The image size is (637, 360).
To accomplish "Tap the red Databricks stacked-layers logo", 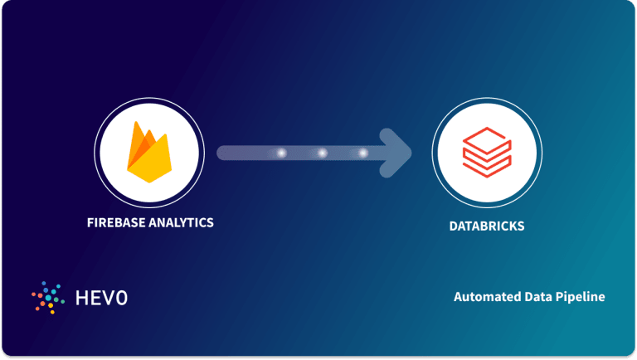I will [487, 155].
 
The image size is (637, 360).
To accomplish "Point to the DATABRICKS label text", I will [486, 225].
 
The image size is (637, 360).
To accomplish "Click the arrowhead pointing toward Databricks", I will [399, 153].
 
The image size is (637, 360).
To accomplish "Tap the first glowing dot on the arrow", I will [281, 153].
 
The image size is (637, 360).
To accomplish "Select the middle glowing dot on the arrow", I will [323, 153].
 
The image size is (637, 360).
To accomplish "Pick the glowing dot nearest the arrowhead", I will [363, 153].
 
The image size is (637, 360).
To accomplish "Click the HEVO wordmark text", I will [100, 297].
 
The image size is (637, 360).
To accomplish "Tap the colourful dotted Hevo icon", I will [48, 297].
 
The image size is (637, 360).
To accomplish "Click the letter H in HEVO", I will [79, 297].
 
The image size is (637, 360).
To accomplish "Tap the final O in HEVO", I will [121, 297].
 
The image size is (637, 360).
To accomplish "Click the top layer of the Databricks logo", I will [487, 142].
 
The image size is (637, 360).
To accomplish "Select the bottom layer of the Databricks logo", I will [487, 168].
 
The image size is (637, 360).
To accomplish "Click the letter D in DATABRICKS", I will [453, 225].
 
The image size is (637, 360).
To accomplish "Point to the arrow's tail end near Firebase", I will [222, 153].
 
